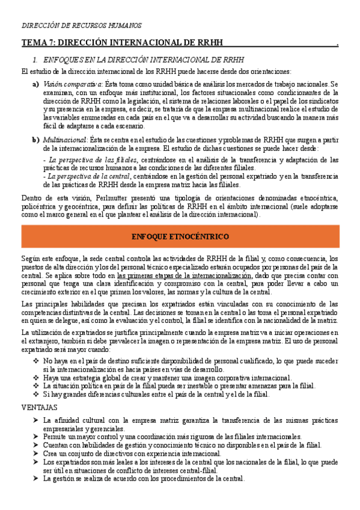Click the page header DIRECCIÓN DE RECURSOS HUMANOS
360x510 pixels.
point(82,26)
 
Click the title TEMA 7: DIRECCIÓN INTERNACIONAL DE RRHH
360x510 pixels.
point(122,43)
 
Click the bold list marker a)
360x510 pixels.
point(35,84)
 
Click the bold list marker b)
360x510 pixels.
point(35,139)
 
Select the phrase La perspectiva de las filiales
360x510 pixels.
point(93,159)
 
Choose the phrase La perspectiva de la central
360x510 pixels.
point(91,177)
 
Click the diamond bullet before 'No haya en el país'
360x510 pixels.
point(35,360)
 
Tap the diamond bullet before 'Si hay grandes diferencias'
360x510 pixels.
point(35,394)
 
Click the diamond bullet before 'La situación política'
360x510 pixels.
point(35,386)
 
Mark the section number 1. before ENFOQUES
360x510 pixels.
point(35,60)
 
